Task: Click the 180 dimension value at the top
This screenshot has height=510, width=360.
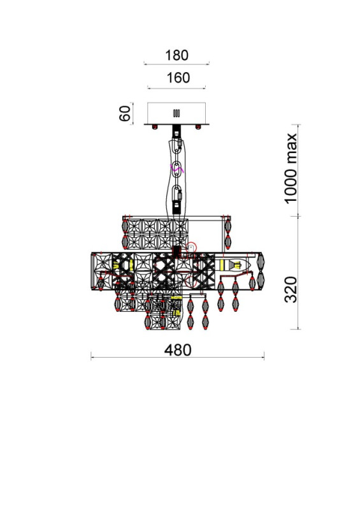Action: point(176,55)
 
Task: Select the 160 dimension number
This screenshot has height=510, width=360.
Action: point(178,78)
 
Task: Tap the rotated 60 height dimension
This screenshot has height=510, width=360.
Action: point(124,113)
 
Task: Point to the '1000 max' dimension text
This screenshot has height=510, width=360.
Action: point(291,168)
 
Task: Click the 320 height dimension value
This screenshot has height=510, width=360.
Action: point(291,289)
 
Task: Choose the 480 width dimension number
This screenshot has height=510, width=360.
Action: point(178,350)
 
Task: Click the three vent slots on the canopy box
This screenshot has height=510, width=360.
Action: point(176,113)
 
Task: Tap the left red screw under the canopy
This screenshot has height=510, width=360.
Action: point(154,127)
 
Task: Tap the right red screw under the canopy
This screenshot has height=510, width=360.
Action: point(198,127)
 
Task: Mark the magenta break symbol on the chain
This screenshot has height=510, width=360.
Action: point(177,168)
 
